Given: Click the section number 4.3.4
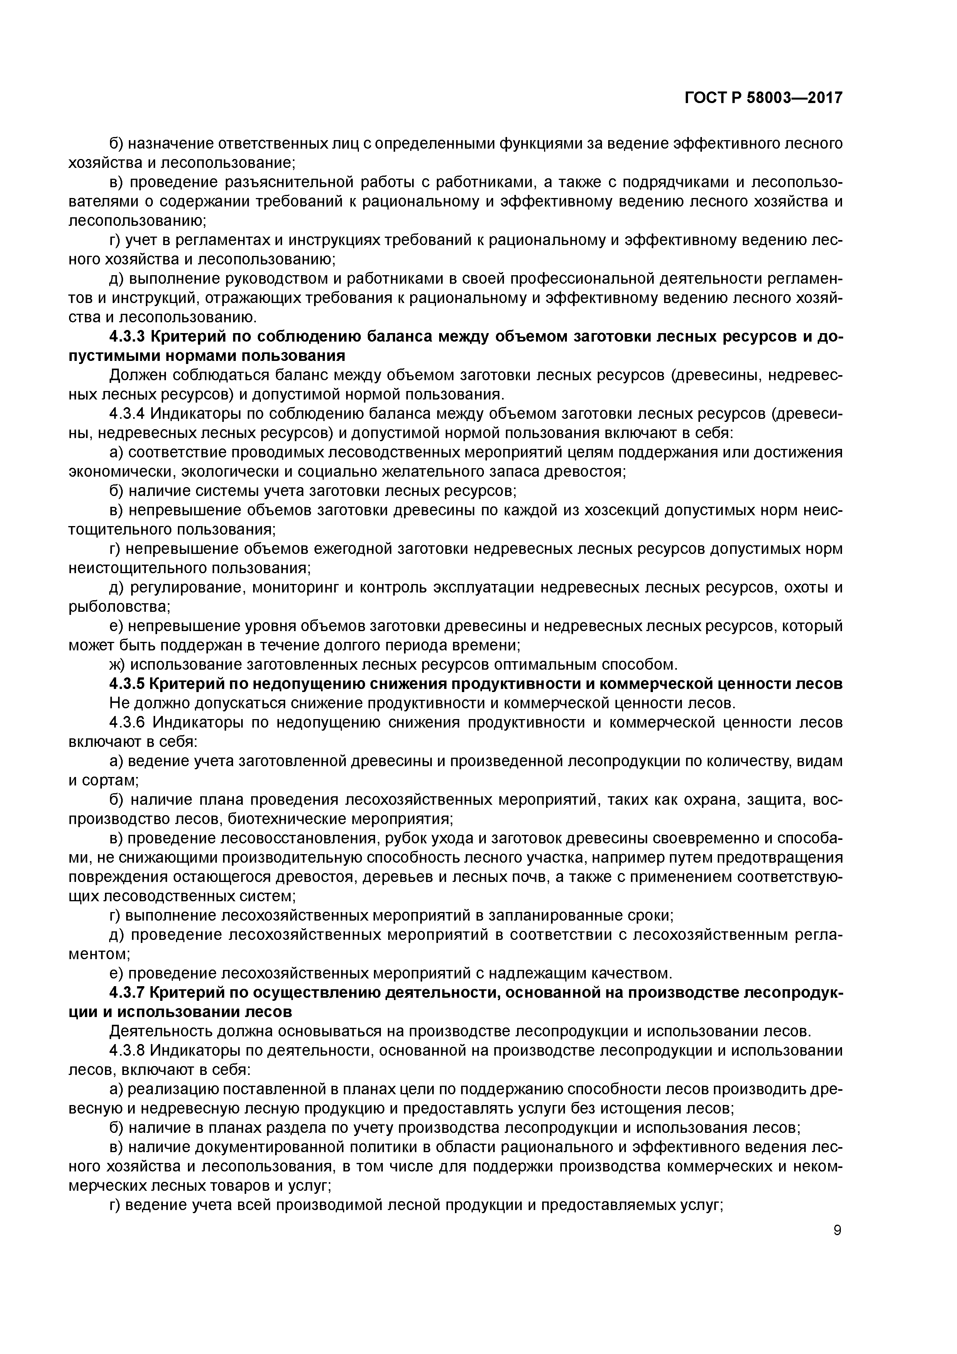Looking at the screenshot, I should tap(127, 414).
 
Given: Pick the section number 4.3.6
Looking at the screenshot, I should tap(127, 723).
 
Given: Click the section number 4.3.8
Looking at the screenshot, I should tap(127, 1051).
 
